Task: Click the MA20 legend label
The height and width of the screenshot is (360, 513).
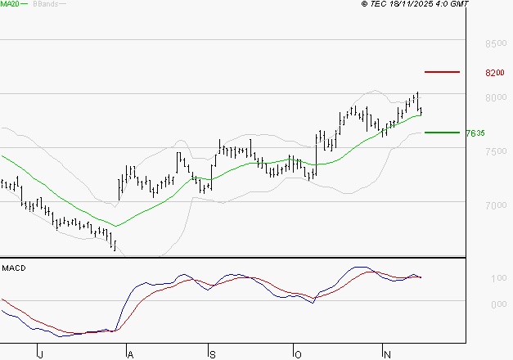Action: coord(11,4)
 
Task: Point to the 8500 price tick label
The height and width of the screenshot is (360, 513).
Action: coord(494,43)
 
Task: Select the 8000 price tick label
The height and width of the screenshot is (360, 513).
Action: coord(494,98)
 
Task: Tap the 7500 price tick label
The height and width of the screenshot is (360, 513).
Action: coord(494,151)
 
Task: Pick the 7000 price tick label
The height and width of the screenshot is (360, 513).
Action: coord(494,205)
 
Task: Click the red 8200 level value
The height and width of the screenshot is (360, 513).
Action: coord(494,73)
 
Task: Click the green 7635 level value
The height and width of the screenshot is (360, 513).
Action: coord(475,133)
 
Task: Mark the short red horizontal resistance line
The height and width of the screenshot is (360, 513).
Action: coord(443,72)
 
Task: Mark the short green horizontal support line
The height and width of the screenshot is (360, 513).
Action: coord(443,132)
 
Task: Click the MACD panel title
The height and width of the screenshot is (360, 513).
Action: coord(14,268)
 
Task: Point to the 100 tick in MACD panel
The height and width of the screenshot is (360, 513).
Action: coord(497,280)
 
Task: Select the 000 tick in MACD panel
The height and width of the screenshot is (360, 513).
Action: coord(497,305)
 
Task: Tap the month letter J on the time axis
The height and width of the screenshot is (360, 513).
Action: coord(40,354)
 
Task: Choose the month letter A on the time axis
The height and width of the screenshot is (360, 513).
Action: coord(128,354)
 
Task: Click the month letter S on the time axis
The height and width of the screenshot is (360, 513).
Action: coord(211,354)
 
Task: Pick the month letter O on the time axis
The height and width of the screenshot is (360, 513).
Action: coord(298,354)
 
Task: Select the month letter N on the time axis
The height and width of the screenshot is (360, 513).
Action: coord(385,354)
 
